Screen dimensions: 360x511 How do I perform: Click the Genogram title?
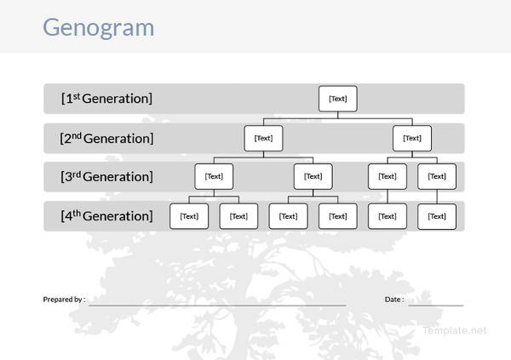pyautogui.click(x=98, y=27)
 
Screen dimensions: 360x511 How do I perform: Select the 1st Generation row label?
pyautogui.click(x=106, y=99)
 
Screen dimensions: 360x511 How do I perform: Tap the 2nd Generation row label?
pyautogui.click(x=106, y=138)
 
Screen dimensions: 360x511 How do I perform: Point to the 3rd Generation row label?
pyautogui.click(x=106, y=177)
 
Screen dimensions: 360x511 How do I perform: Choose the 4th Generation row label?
pyautogui.click(x=106, y=216)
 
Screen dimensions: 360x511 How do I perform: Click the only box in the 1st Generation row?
pyautogui.click(x=338, y=99)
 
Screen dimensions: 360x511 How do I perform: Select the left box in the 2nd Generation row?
pyautogui.click(x=263, y=138)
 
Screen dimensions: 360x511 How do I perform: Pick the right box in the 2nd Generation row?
pyautogui.click(x=412, y=138)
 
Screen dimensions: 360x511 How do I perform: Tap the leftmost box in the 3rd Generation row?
pyautogui.click(x=214, y=177)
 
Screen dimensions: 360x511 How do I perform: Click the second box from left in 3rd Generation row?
pyautogui.click(x=313, y=177)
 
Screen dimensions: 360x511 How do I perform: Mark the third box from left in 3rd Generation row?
pyautogui.click(x=388, y=177)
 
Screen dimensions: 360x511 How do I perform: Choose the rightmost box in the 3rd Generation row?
pyautogui.click(x=437, y=177)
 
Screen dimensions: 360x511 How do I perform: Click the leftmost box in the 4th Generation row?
pyautogui.click(x=189, y=216)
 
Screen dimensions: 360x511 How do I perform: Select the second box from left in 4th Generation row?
pyautogui.click(x=238, y=216)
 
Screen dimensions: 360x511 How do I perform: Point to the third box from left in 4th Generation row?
pyautogui.click(x=289, y=216)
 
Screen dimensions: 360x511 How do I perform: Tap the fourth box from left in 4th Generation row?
pyautogui.click(x=338, y=216)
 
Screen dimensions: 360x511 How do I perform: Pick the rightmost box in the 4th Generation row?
pyautogui.click(x=437, y=216)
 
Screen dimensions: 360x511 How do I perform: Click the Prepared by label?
pyautogui.click(x=64, y=300)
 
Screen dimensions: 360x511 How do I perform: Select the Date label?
pyautogui.click(x=394, y=300)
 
